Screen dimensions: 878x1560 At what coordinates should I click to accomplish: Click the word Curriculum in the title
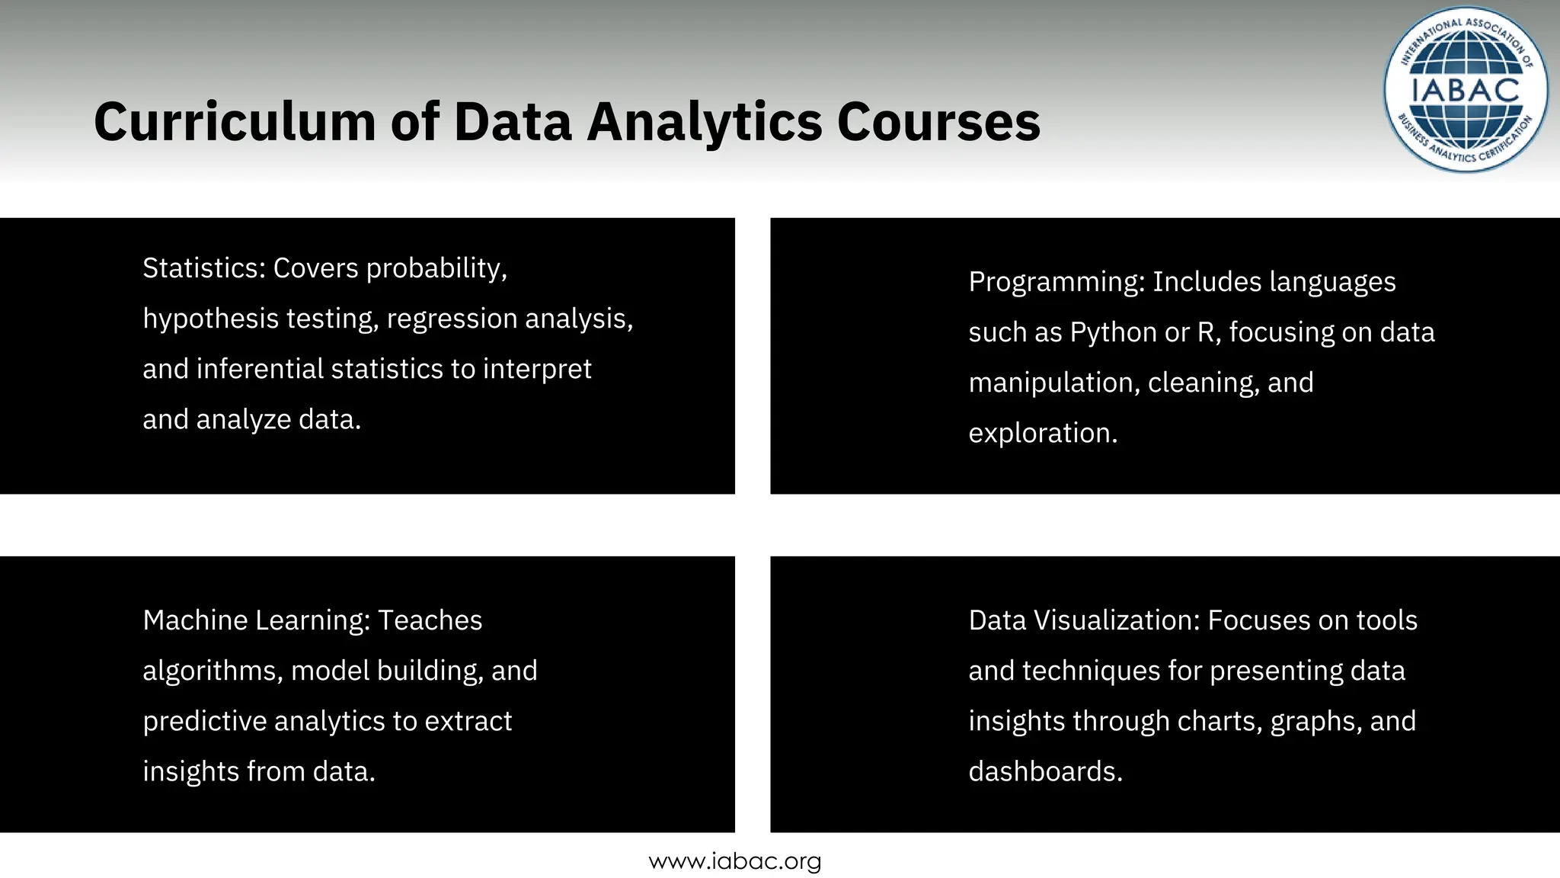(x=235, y=122)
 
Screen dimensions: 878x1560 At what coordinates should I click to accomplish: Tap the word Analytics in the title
(x=705, y=122)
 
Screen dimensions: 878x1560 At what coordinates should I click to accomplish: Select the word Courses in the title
(x=938, y=122)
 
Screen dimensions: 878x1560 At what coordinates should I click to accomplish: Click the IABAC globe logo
(x=1465, y=90)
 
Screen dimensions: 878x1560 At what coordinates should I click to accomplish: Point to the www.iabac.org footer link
(x=735, y=861)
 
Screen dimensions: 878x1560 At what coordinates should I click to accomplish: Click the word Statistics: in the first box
(x=203, y=268)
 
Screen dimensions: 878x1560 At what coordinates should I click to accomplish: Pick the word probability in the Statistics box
(x=436, y=268)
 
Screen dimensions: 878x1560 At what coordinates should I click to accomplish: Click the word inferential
(x=260, y=369)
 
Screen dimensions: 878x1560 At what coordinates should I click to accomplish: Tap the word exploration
(x=1043, y=433)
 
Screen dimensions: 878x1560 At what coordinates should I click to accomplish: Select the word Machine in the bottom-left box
(x=195, y=620)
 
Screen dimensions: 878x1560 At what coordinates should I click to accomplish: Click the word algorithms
(x=213, y=671)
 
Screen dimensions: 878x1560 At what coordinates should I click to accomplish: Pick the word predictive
(x=204, y=721)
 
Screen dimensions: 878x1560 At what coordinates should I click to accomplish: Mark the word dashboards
(x=1045, y=771)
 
